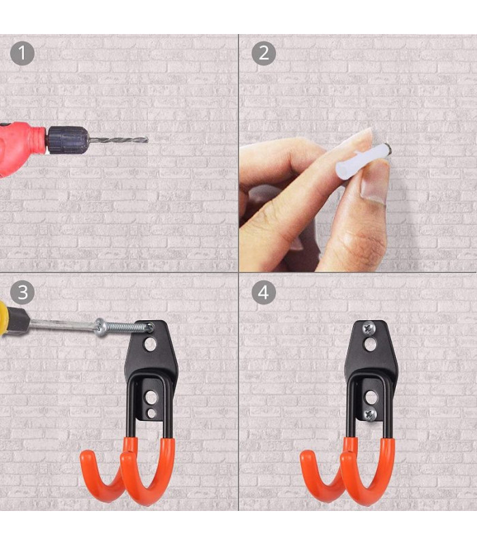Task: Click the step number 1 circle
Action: coord(22,53)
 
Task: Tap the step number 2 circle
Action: coord(263,53)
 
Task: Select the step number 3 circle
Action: coord(22,292)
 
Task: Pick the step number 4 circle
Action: coord(263,292)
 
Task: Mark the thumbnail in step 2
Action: coord(374,188)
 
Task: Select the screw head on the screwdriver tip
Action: coord(102,327)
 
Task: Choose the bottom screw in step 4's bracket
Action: coord(370,413)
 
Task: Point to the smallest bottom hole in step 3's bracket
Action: coord(151,413)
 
